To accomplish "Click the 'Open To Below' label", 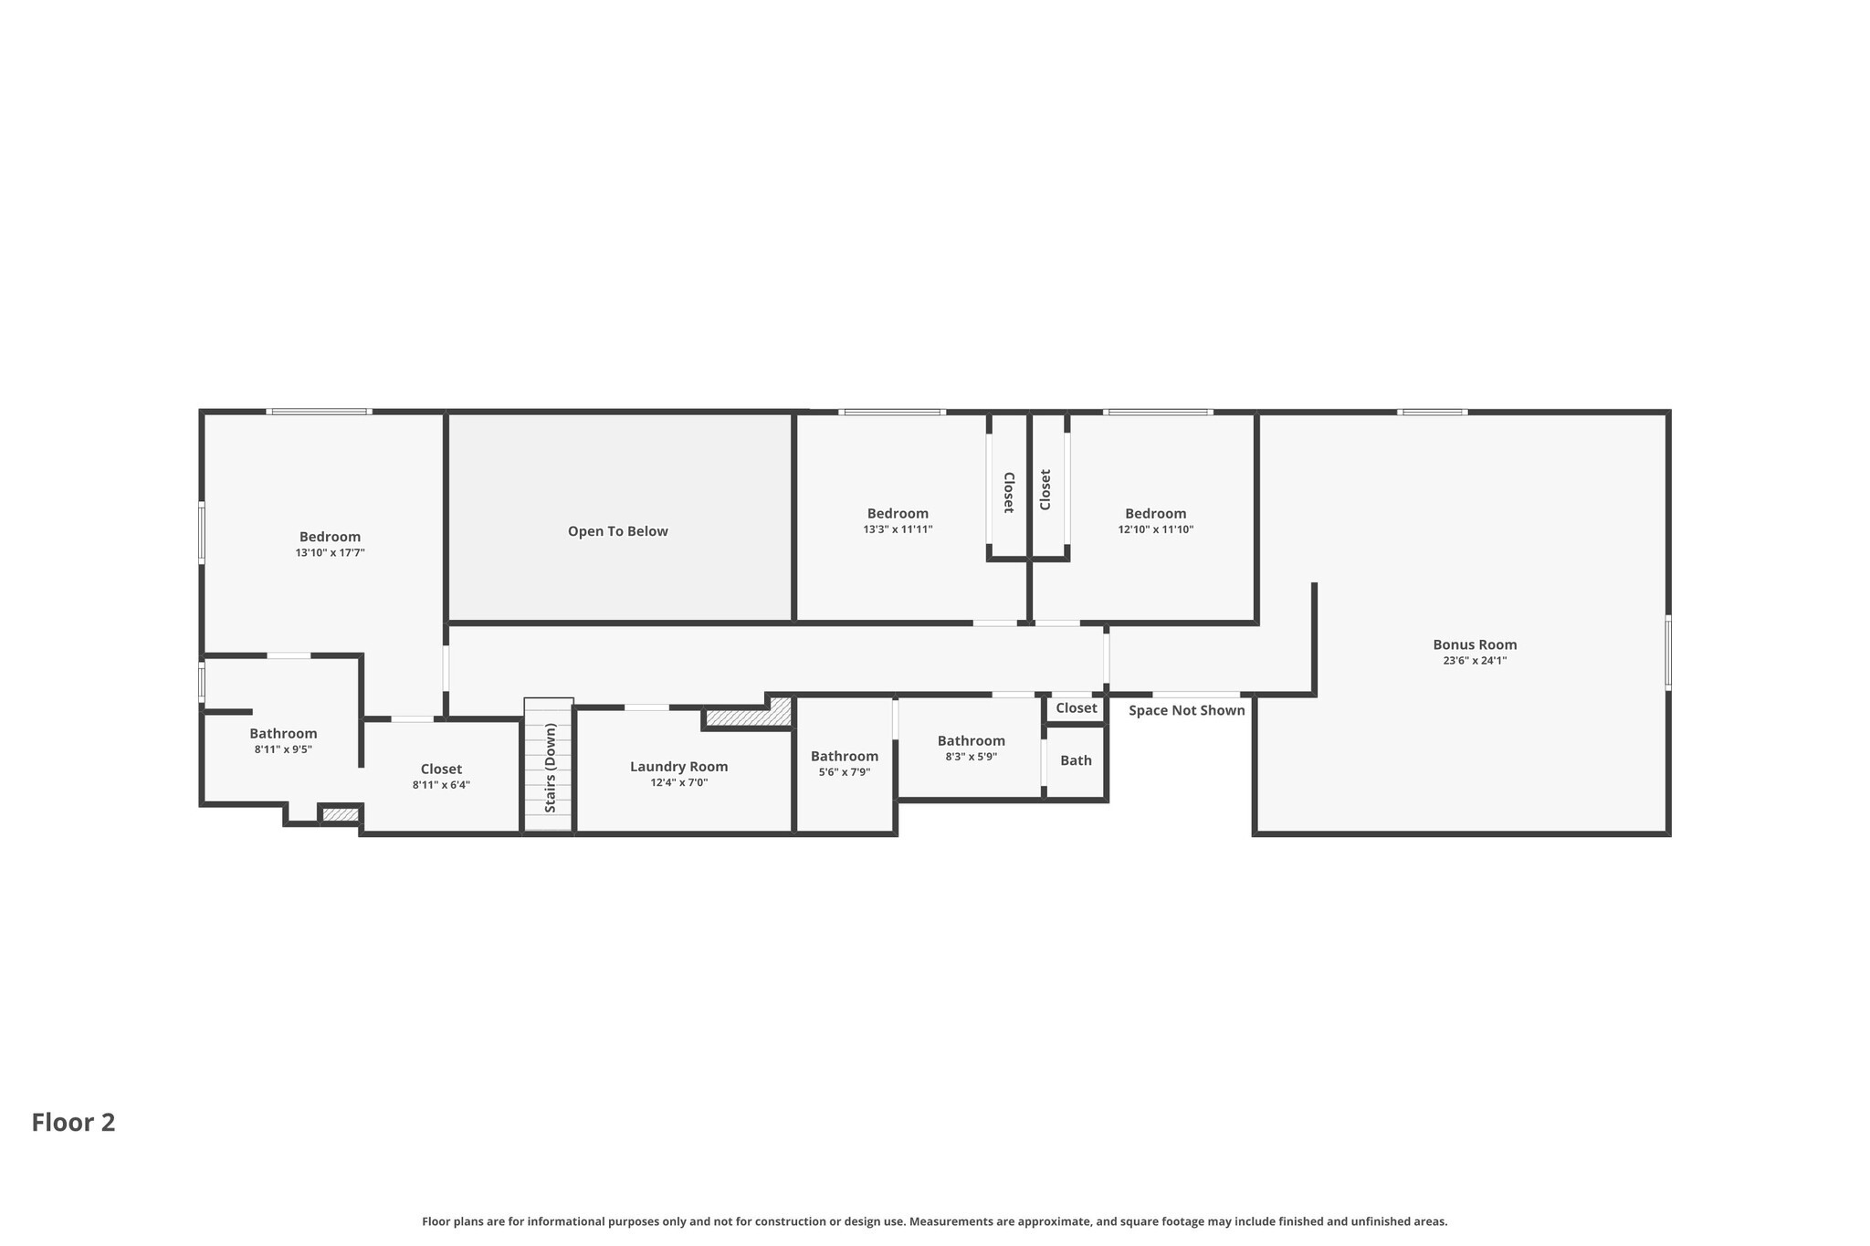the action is pos(618,531).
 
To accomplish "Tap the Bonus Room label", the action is pos(1475,644).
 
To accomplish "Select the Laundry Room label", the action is pos(679,767).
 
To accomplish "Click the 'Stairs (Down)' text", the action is pos(551,768).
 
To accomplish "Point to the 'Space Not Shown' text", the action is pos(1187,710).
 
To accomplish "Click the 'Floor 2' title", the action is pos(74,1123).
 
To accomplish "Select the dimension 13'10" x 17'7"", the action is pos(331,553).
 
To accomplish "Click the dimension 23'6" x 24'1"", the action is pos(1475,661).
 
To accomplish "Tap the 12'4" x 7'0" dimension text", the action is pos(679,783).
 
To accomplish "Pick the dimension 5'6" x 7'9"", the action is pos(845,772).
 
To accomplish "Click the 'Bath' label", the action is pos(1077,760).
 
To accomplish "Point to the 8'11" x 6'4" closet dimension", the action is pos(442,785).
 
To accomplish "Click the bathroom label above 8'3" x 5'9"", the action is pos(972,741).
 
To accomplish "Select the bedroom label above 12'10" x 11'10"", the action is pos(1156,514).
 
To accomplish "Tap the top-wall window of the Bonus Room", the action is pos(1433,413).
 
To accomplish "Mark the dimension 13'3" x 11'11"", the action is pos(898,529).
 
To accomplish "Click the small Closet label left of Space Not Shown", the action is pos(1077,708).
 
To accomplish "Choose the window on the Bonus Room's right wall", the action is pos(1668,652).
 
